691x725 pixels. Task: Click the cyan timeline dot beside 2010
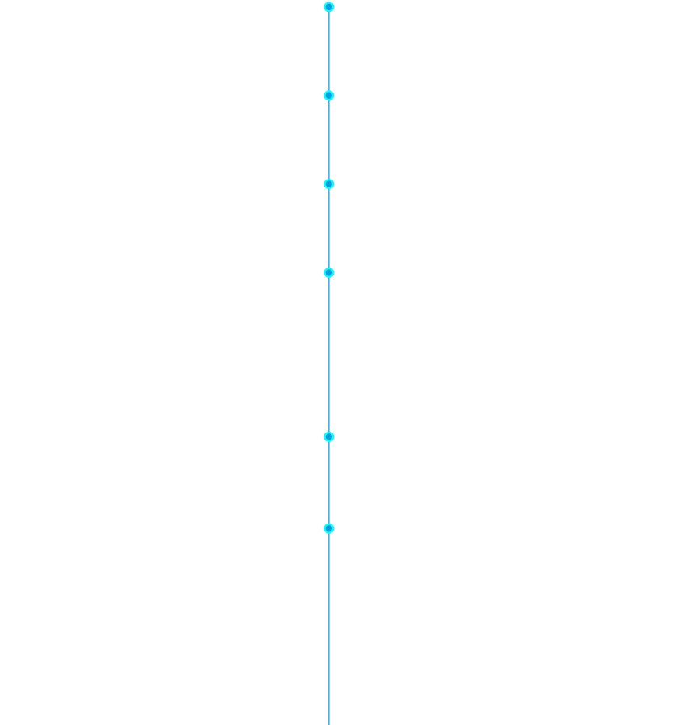[329, 7]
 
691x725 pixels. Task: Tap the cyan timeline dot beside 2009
[329, 96]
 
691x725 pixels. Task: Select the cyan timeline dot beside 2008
[329, 184]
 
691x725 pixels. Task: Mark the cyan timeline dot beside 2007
[329, 273]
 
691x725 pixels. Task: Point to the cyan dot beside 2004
[329, 436]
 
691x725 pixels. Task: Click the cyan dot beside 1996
[329, 529]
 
